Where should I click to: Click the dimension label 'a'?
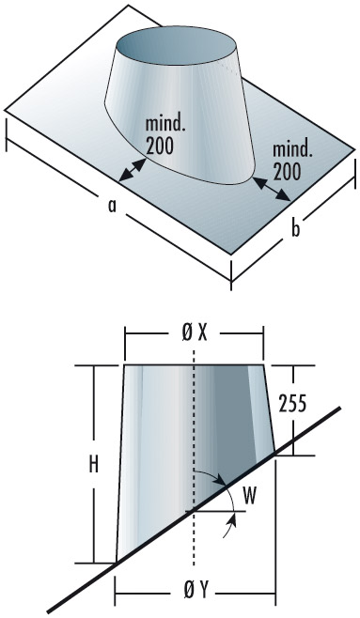[x=112, y=208]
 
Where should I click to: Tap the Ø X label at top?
[x=193, y=333]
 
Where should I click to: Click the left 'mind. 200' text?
[x=166, y=135]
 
